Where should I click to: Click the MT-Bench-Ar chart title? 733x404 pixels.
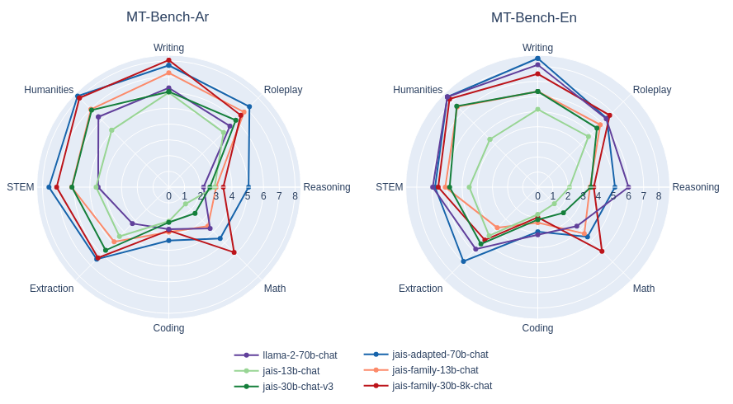168,16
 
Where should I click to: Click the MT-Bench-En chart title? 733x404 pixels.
533,17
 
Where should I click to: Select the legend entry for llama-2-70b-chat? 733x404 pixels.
299,355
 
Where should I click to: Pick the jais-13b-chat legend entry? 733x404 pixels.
291,371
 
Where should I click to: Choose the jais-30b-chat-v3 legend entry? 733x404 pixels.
297,387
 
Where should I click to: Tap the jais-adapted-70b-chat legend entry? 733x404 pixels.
439,355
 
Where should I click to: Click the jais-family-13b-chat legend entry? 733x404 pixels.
435,370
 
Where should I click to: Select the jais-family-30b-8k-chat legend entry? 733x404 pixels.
442,386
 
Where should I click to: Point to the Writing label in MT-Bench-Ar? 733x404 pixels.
168,48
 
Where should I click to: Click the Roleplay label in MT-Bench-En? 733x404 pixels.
652,90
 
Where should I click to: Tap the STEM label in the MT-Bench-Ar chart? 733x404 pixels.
21,187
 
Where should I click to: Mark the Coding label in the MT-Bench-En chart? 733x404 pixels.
537,328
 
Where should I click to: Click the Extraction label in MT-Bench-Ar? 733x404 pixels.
51,289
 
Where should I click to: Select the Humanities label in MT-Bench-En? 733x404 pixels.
418,90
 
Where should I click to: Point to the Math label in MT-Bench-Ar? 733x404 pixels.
275,289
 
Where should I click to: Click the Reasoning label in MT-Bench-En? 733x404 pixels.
695,187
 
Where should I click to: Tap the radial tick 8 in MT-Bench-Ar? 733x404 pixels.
295,196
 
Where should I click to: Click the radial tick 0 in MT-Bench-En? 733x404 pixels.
537,196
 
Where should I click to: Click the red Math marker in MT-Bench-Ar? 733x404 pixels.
234,252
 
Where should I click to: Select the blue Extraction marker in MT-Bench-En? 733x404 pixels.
463,261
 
